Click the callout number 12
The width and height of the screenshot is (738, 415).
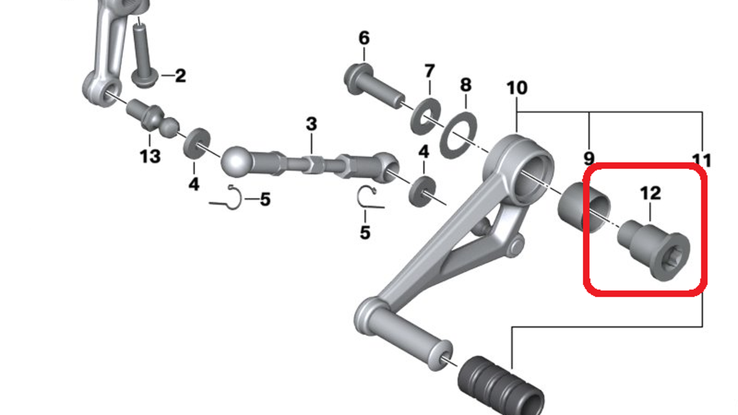tap(650, 193)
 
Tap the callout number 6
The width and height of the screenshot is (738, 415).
tap(364, 38)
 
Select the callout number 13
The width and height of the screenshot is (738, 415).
tap(150, 156)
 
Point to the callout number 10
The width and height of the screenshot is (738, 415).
tap(517, 88)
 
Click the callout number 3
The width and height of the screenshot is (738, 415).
tap(311, 124)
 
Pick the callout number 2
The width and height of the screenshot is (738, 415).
tap(181, 76)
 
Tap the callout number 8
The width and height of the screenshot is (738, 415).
tap(465, 85)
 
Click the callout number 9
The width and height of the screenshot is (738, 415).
tap(589, 158)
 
